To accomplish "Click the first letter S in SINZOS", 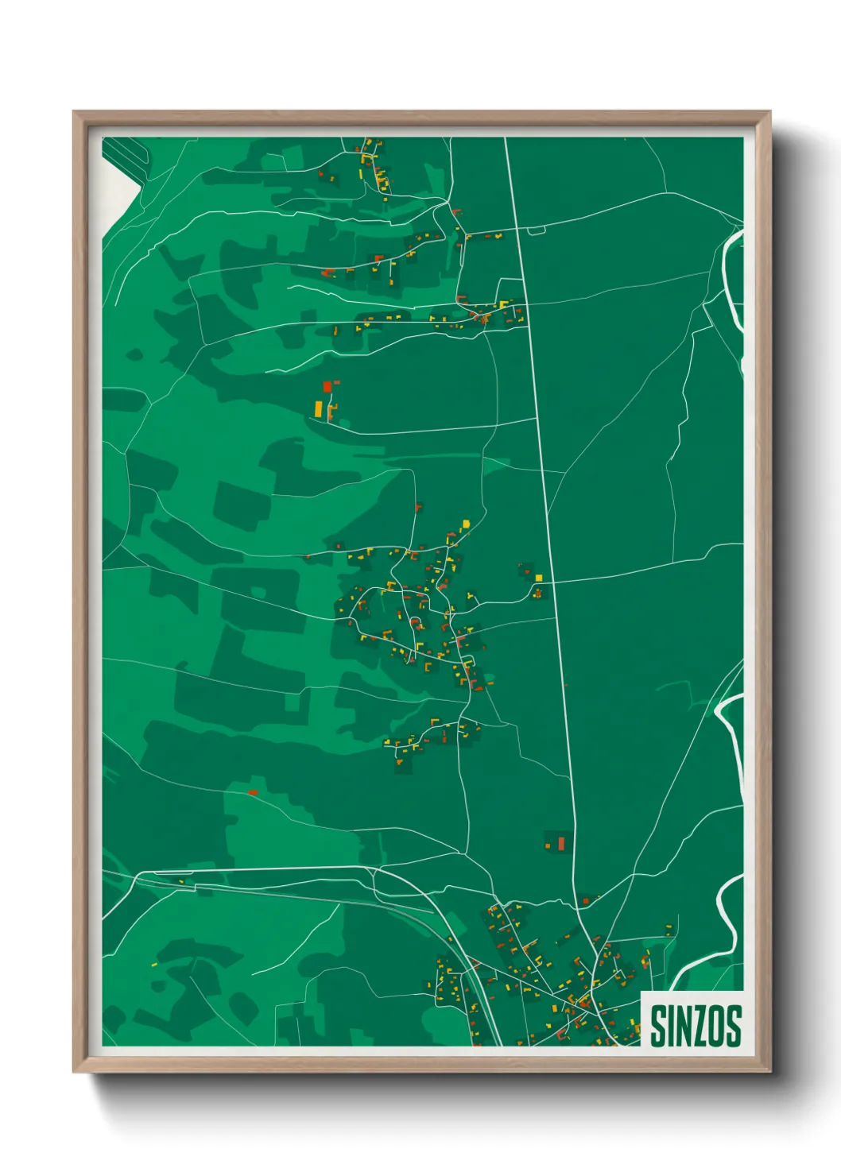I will coord(658,1026).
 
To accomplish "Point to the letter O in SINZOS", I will coord(717,1026).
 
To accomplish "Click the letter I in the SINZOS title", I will coord(669,1026).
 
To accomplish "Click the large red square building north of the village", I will coord(327,387).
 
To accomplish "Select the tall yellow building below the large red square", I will coord(319,409).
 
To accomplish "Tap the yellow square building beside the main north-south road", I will coord(539,578).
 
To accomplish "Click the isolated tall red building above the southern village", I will coord(560,842).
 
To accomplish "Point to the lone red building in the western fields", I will coord(253,792).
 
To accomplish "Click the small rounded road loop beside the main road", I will coord(537,230).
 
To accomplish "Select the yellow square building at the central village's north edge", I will coord(467,523).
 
